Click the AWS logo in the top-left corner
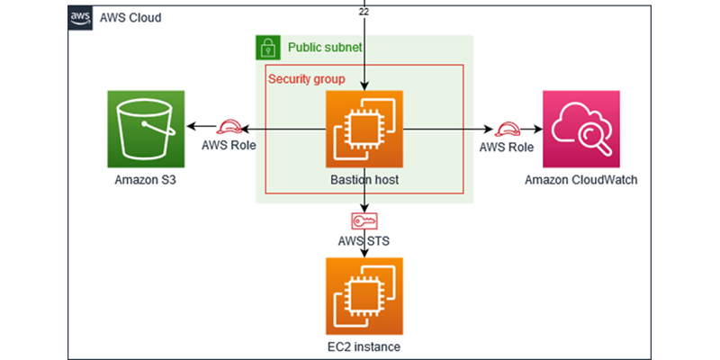tap(80, 18)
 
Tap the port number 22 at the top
tap(363, 10)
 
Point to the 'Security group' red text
tap(306, 79)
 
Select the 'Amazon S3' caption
tap(145, 180)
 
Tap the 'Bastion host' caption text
tap(364, 180)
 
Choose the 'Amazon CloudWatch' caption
tap(581, 180)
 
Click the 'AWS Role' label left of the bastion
tap(221, 147)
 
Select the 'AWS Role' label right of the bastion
tap(506, 147)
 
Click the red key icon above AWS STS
tap(364, 220)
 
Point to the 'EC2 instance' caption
tap(364, 346)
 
